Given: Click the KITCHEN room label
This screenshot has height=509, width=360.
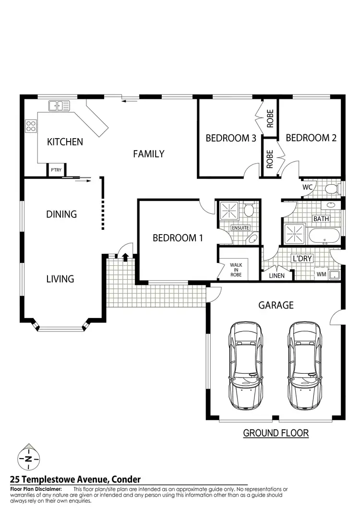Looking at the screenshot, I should click(x=65, y=142).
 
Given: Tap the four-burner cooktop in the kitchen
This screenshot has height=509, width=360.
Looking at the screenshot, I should click(x=31, y=126).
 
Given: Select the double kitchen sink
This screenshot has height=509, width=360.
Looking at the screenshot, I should click(x=59, y=105).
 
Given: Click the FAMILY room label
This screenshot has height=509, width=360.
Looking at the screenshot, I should click(x=148, y=154).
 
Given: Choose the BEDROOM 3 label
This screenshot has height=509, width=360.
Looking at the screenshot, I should click(x=230, y=138).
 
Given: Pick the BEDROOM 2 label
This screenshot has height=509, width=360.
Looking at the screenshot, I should click(x=311, y=138).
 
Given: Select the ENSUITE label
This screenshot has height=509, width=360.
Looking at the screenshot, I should click(x=240, y=227).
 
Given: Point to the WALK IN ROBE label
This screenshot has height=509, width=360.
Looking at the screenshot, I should click(x=236, y=270).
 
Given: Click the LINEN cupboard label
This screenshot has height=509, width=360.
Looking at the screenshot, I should click(x=276, y=276).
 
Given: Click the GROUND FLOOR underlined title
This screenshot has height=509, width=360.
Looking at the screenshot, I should click(x=276, y=433).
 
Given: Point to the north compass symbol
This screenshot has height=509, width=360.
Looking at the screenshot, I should click(x=29, y=459).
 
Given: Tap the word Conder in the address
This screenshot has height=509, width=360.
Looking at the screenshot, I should click(x=124, y=479).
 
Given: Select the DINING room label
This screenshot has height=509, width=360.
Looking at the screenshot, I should click(x=61, y=214).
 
